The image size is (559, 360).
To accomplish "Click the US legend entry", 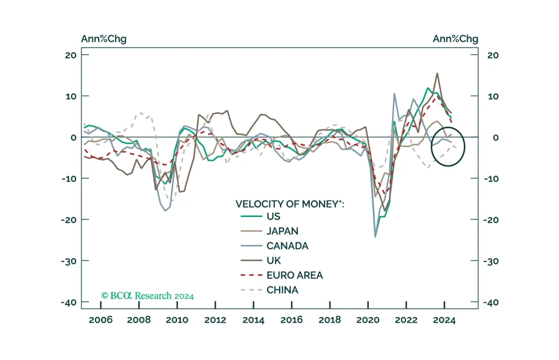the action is (273, 216).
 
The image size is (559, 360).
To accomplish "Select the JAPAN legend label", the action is (282, 231).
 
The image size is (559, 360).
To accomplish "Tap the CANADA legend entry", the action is (287, 246).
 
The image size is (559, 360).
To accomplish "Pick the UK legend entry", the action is (274, 260).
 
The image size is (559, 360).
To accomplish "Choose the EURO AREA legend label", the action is (295, 275).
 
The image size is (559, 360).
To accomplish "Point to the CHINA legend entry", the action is (282, 290).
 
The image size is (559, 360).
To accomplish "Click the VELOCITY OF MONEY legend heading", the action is (290, 204).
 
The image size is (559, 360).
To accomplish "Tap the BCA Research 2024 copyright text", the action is (148, 296).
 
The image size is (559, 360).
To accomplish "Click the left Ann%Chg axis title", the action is (104, 39).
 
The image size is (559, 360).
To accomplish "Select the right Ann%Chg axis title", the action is (456, 39).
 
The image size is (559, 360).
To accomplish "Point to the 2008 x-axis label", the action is (139, 320).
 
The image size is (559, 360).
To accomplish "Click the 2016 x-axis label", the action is (292, 320).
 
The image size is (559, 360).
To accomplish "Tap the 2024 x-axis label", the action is (444, 320).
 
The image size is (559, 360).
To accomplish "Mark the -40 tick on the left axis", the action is (68, 302).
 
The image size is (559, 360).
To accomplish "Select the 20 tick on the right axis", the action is (493, 55).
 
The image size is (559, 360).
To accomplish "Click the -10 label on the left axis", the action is (69, 179).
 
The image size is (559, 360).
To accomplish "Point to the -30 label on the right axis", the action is (491, 261).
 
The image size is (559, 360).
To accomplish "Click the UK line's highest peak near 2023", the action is (437, 73).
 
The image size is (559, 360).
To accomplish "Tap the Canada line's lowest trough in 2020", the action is (375, 237).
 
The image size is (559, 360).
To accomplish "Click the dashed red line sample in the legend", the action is (251, 275).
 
